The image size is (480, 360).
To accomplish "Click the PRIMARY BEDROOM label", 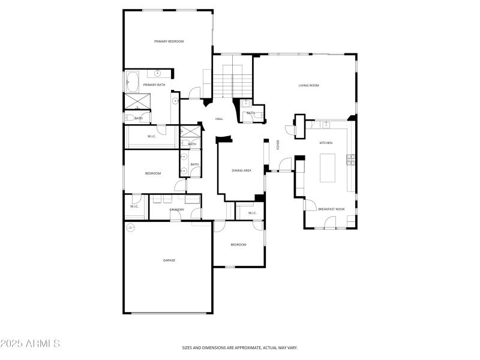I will tap(169, 41).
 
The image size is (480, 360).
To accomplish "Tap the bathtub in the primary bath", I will tap(133, 80).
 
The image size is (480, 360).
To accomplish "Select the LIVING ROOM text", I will tap(308, 85).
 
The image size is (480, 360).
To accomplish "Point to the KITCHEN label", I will tap(326, 143).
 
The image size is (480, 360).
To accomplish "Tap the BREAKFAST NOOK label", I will tap(331, 209).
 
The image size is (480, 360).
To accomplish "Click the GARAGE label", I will tap(169, 260).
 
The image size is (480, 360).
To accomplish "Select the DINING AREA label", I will tap(241, 170).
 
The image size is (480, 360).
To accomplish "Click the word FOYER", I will tap(278, 145).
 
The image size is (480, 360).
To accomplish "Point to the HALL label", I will tap(220, 119).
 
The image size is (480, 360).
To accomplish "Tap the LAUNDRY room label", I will tap(176, 209).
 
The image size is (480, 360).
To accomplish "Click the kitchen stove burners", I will tap(350, 159).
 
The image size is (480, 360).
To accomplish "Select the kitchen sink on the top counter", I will tap(325, 124).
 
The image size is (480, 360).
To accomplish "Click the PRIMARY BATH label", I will tap(154, 85).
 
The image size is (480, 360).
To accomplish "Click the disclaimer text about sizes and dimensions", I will tap(240, 347).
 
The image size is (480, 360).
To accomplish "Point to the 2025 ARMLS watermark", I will tap(30, 344).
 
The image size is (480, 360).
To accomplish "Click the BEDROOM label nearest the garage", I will tap(238, 244).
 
